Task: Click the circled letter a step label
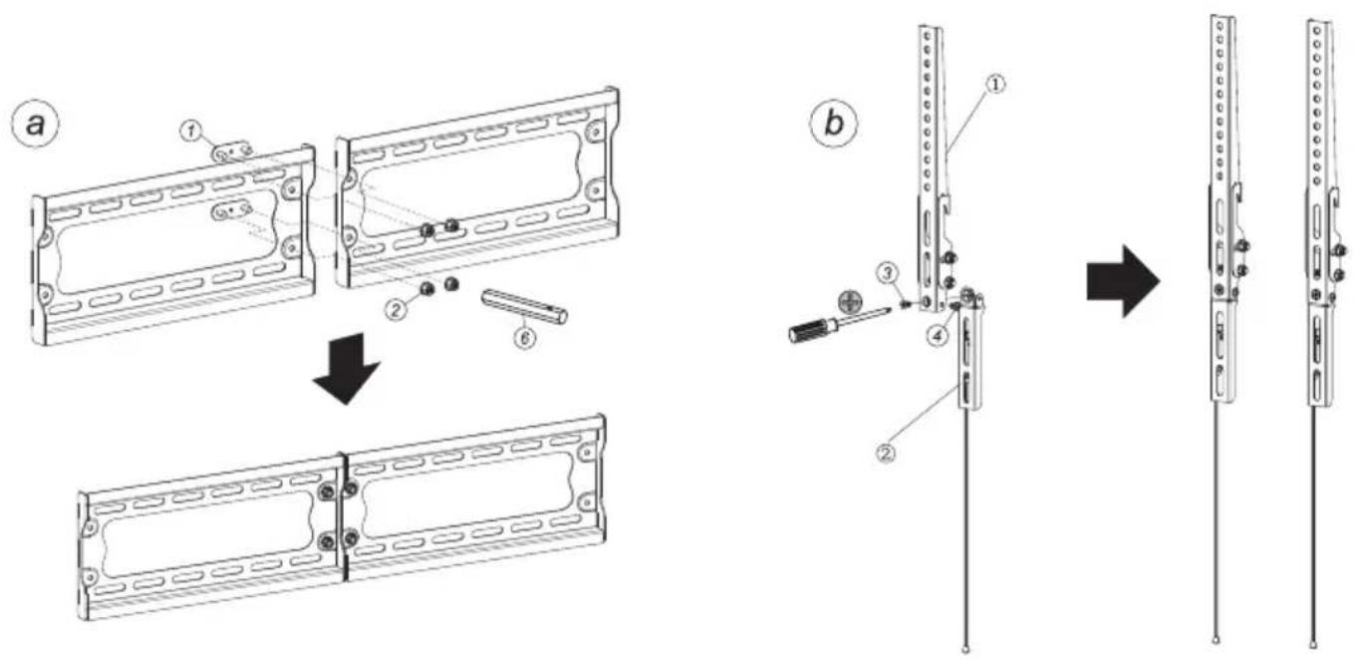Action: pyautogui.click(x=36, y=125)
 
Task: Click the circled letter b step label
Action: pyautogui.click(x=834, y=124)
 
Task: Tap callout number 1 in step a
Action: pyautogui.click(x=191, y=131)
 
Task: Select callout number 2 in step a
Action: pyautogui.click(x=396, y=311)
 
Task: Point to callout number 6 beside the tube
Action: pyautogui.click(x=525, y=338)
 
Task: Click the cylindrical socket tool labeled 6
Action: pyautogui.click(x=524, y=306)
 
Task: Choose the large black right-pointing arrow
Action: pyautogui.click(x=1123, y=281)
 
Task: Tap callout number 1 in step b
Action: pyautogui.click(x=995, y=84)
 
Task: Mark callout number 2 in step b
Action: pyautogui.click(x=887, y=453)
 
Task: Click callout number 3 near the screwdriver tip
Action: pyautogui.click(x=888, y=274)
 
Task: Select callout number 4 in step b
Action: pyautogui.click(x=938, y=336)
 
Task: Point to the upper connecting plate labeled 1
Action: pyautogui.click(x=232, y=152)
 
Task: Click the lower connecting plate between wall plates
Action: pyautogui.click(x=232, y=210)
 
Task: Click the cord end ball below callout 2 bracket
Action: pyautogui.click(x=965, y=651)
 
